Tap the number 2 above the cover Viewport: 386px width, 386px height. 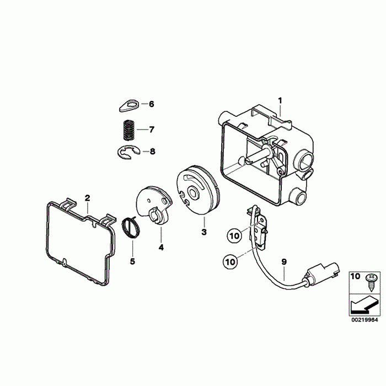pos(87,197)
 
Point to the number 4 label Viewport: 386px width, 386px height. pos(161,248)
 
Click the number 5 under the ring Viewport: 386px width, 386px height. pos(132,261)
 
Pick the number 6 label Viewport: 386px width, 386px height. pos(152,104)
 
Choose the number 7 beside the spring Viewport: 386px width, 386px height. pos(152,130)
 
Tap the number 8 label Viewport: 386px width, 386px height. pos(152,151)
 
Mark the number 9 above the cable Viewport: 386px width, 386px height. pos(283,263)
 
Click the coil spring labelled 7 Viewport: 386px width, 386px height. pos(129,131)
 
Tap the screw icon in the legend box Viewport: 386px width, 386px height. pos(372,280)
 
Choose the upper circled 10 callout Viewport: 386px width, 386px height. pos(234,235)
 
